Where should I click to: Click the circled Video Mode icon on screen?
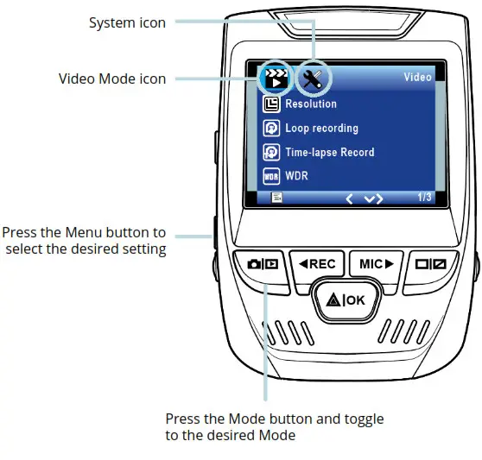[x=273, y=79]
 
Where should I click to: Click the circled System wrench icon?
[x=311, y=79]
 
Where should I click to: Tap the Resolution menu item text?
[x=311, y=104]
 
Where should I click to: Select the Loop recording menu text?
[x=321, y=129]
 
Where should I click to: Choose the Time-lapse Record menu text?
[x=329, y=153]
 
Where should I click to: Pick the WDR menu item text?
[x=296, y=176]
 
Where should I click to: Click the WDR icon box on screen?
[x=270, y=176]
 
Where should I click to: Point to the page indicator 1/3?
[x=424, y=198]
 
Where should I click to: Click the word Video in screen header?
[x=417, y=78]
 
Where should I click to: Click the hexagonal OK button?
[x=352, y=301]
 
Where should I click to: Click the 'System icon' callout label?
[x=127, y=22]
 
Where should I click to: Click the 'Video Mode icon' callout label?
[x=111, y=79]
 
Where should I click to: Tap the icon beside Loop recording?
[x=270, y=129]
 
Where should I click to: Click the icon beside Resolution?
[x=270, y=104]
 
